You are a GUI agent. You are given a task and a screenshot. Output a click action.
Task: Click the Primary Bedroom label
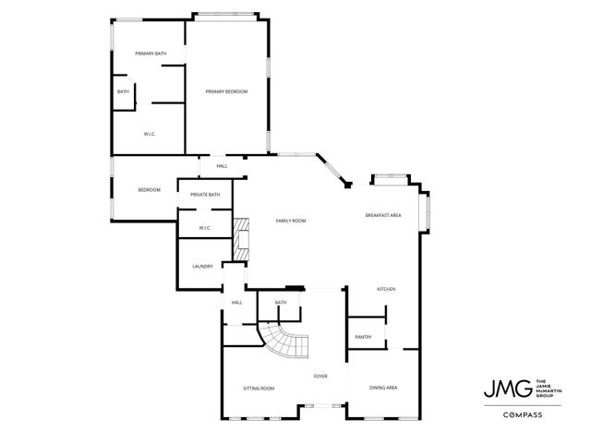click(226, 91)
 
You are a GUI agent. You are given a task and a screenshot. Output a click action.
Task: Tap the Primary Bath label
click(151, 54)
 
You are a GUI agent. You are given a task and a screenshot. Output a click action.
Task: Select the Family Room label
click(291, 221)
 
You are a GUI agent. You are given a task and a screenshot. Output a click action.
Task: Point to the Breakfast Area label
click(382, 215)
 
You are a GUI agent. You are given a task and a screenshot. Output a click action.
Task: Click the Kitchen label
click(386, 290)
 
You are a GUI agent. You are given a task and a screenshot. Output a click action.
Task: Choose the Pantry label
click(363, 337)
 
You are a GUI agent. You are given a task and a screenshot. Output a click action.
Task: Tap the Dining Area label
click(383, 388)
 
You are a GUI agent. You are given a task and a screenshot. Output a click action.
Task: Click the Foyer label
click(320, 377)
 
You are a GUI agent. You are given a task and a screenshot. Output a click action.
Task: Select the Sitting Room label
click(259, 389)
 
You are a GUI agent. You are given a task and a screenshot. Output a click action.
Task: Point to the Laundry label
click(202, 267)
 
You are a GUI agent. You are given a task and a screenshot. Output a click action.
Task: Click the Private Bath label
click(205, 195)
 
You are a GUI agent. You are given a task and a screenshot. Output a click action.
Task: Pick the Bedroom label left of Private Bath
click(150, 190)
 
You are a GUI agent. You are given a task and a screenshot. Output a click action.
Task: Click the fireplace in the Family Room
click(243, 238)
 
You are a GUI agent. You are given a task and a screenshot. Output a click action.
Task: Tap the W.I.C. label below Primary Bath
click(150, 135)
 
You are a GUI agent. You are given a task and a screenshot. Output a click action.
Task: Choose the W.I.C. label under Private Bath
click(205, 228)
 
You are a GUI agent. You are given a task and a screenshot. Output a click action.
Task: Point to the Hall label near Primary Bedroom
click(222, 166)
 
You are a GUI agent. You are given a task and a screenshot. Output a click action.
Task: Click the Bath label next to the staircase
click(281, 303)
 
